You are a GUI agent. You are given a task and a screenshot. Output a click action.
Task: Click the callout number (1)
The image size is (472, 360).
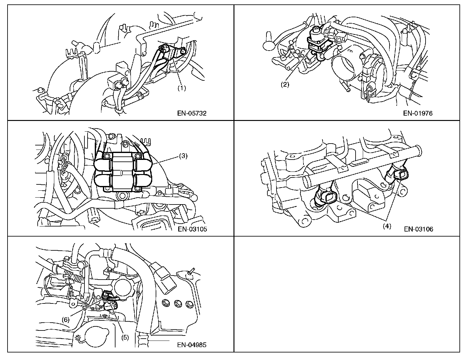click(182, 88)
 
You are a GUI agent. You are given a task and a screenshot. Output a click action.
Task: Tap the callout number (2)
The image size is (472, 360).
click(285, 85)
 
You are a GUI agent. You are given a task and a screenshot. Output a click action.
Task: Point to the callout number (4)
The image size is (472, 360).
click(387, 226)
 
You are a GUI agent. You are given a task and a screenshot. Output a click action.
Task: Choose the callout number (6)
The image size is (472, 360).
click(65, 319)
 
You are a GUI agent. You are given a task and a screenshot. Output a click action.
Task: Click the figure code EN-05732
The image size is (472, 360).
click(192, 113)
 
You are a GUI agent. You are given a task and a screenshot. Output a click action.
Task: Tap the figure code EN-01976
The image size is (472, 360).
click(418, 113)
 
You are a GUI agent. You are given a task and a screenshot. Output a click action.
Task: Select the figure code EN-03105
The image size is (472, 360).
click(192, 229)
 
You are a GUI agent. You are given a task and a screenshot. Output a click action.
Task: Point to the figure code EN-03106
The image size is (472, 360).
click(418, 229)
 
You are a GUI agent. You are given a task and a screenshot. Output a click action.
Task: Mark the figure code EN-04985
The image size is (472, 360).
click(192, 345)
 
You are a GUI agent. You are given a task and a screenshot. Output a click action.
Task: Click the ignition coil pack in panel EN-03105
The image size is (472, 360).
click(123, 172)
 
